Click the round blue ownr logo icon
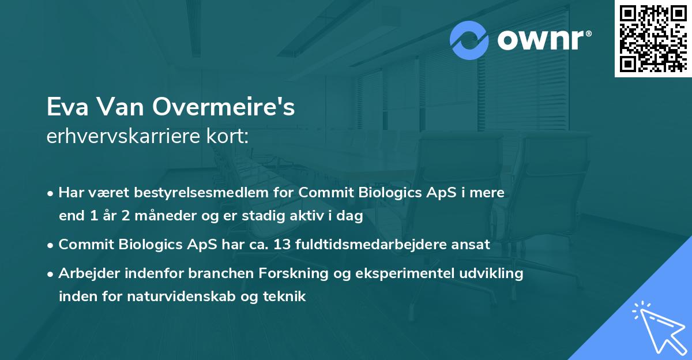coord(469,40)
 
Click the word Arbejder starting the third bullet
coord(86,273)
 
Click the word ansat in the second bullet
coord(472,244)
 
